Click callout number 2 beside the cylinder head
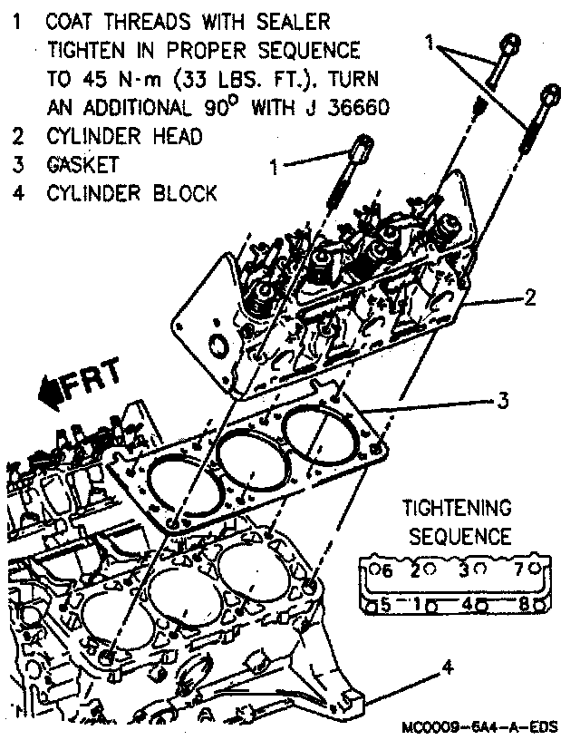point(531,297)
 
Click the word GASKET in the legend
point(83,165)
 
